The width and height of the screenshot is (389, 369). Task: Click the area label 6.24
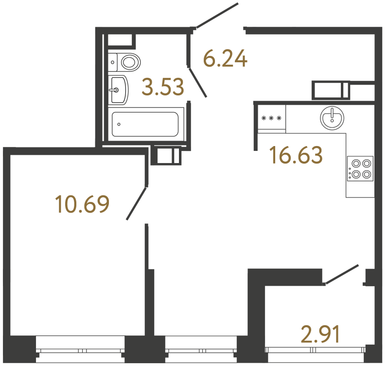click(x=225, y=59)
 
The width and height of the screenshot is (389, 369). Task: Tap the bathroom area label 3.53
click(x=163, y=88)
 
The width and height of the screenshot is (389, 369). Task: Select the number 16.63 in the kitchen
click(x=296, y=156)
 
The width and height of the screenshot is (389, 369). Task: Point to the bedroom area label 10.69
click(x=82, y=204)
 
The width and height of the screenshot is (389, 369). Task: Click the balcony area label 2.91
click(x=319, y=335)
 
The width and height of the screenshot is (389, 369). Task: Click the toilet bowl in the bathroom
click(x=129, y=62)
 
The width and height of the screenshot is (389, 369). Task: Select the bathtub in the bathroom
click(x=145, y=124)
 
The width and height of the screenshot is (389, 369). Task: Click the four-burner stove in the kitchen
click(x=360, y=169)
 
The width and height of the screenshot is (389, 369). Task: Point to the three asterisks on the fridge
click(x=271, y=118)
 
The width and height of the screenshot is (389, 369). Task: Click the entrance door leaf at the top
click(x=217, y=15)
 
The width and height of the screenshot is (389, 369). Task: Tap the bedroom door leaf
click(x=137, y=203)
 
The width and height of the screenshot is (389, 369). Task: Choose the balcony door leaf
click(x=342, y=274)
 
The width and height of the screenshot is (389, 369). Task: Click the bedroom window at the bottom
click(x=81, y=351)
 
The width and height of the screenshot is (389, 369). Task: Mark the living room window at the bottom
click(x=200, y=351)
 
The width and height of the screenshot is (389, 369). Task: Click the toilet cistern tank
click(x=112, y=61)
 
